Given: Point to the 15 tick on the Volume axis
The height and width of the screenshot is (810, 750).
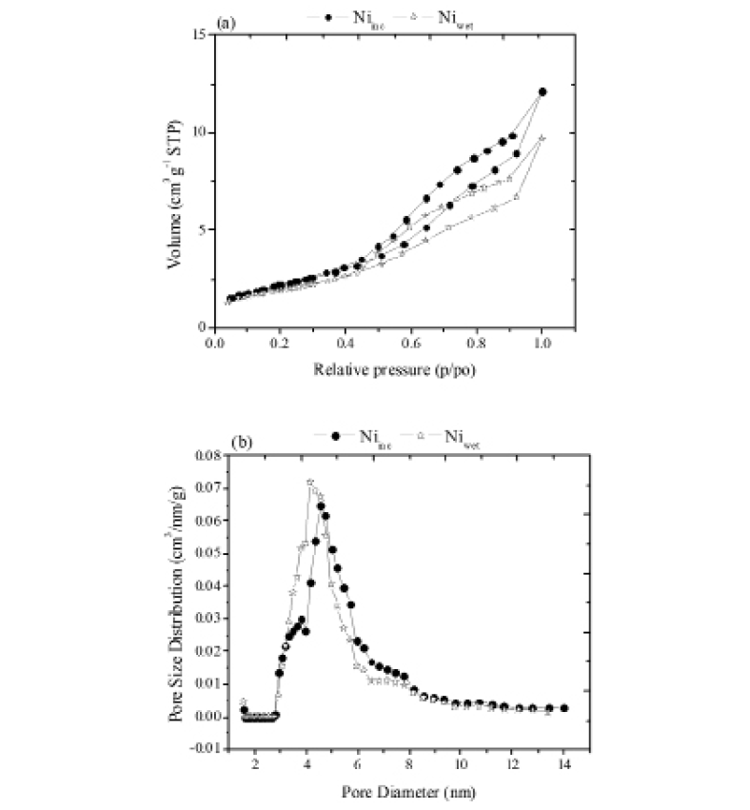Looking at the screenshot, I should tap(199, 34).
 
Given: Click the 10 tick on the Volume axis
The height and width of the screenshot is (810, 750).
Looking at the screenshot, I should tap(199, 132).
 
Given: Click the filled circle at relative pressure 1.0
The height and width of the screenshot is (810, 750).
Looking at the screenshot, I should tap(543, 91).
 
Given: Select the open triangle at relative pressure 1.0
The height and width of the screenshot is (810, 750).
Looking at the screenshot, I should tap(542, 138).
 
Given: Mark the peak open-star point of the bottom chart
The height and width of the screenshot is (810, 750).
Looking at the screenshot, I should tap(310, 482).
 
